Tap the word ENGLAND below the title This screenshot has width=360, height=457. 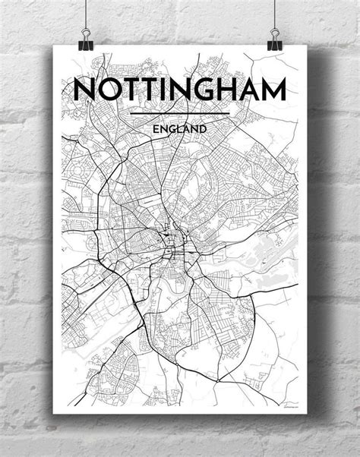click(x=180, y=129)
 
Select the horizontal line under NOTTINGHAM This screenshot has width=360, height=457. click(x=180, y=115)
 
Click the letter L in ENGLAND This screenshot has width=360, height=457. click(x=180, y=129)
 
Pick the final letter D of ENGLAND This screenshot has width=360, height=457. click(x=204, y=129)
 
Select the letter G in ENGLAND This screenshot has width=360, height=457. click(x=172, y=129)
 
